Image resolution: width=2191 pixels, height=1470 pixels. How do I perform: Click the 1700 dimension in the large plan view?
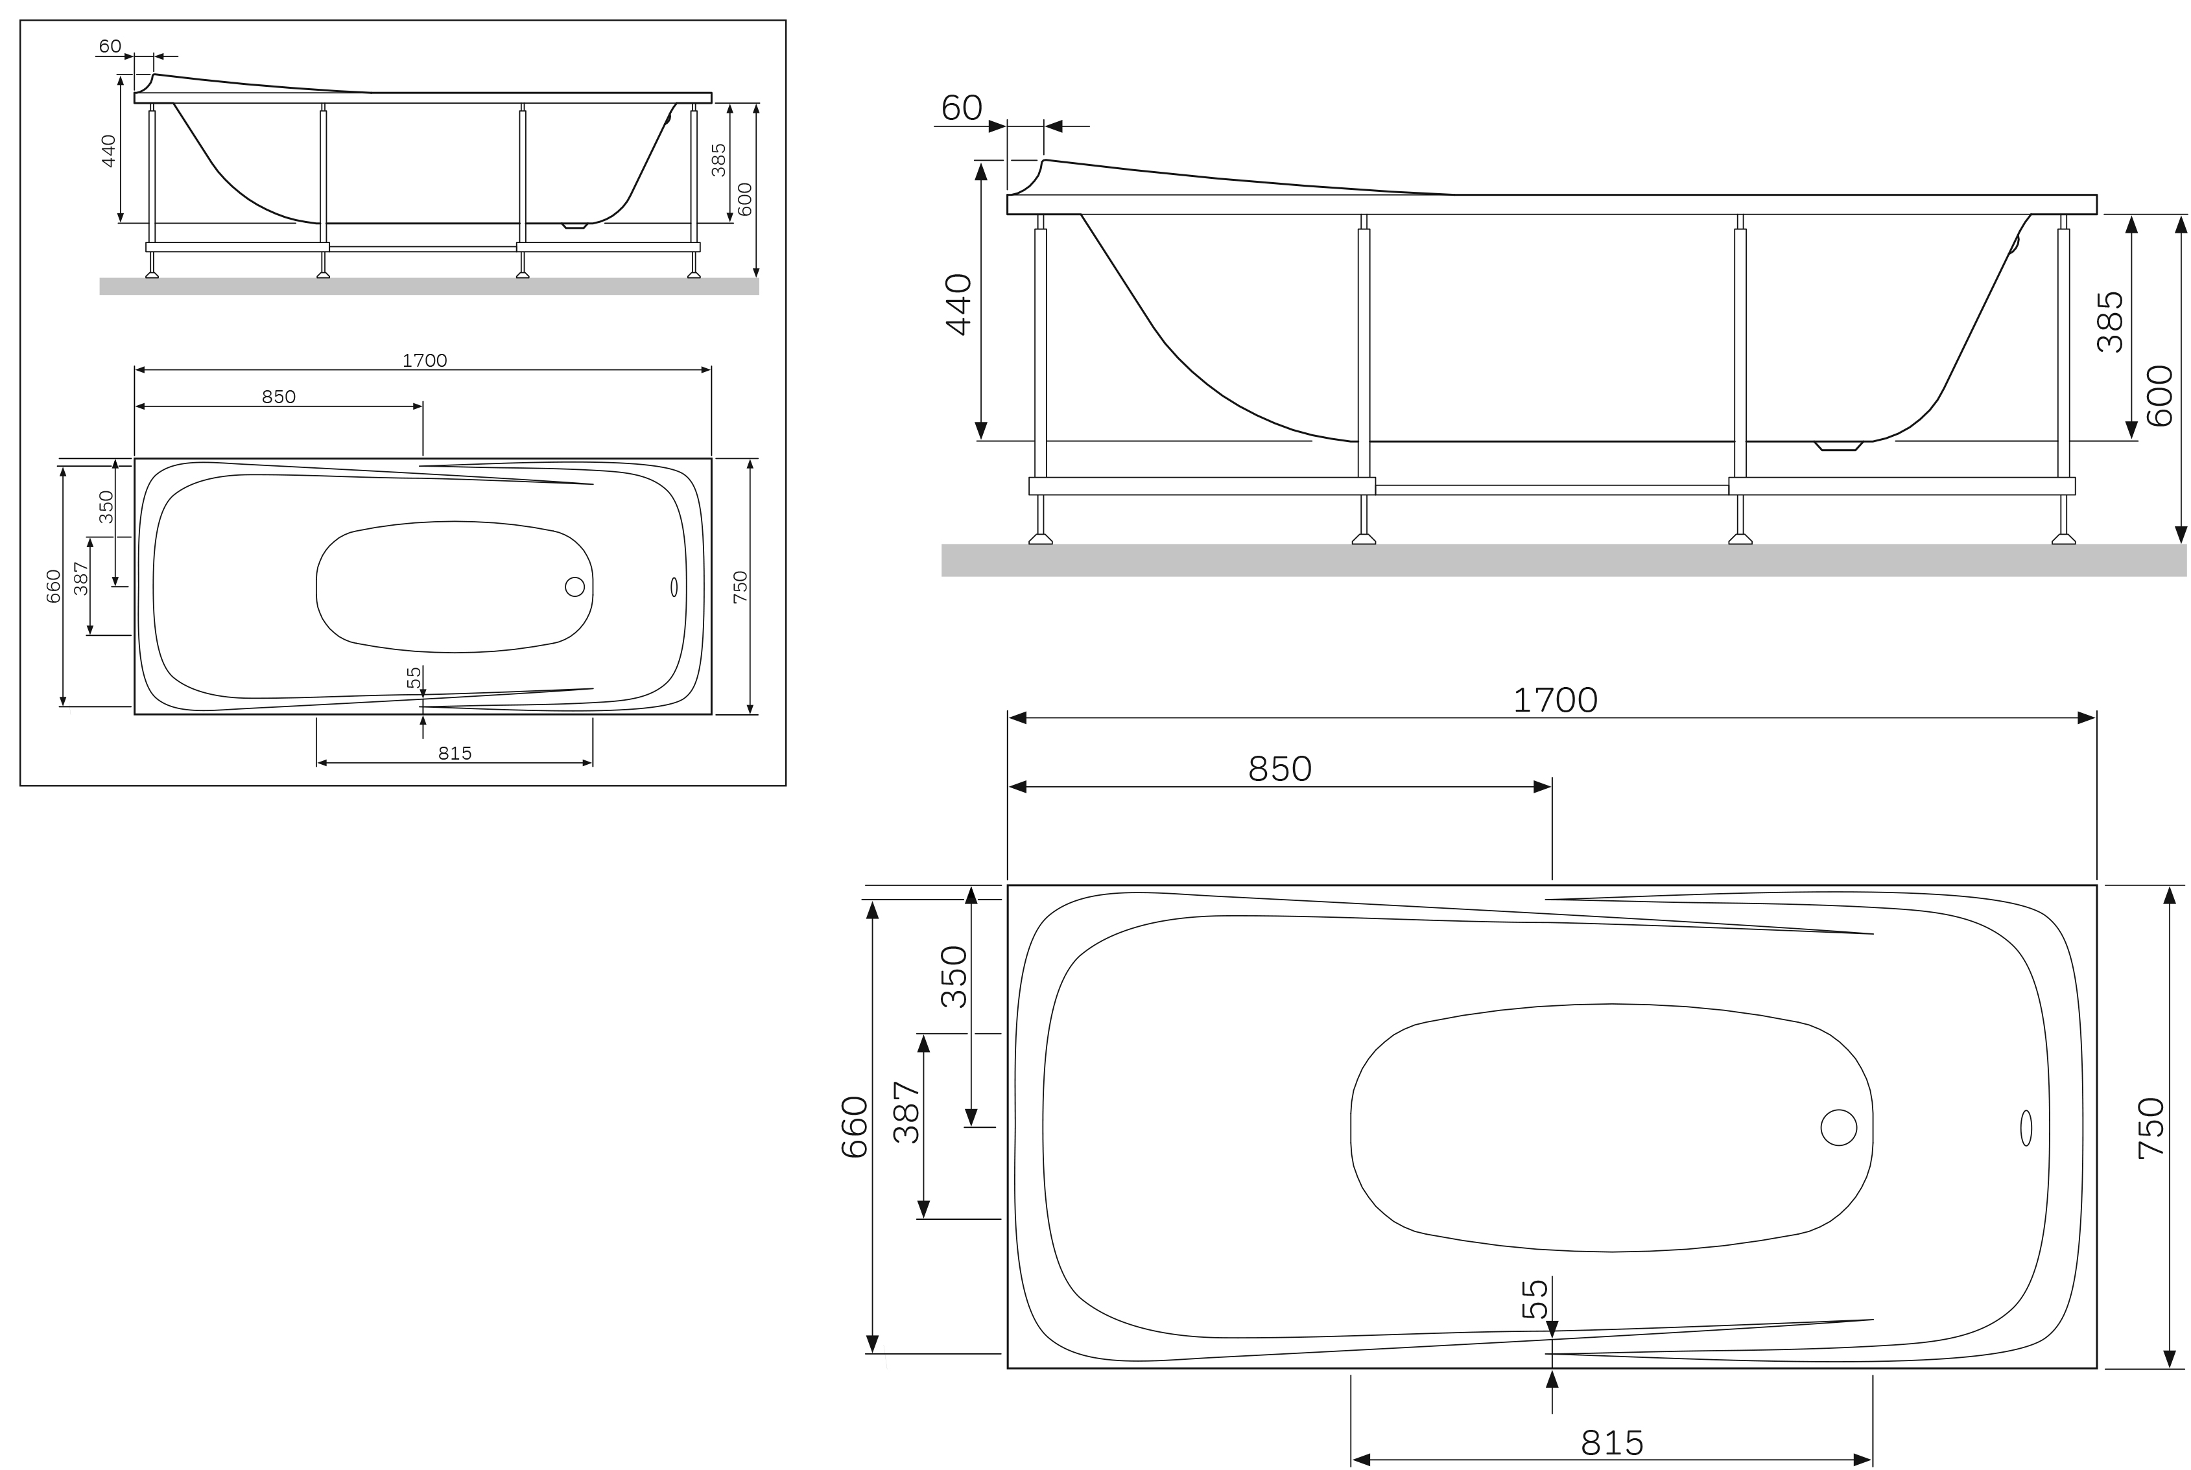1554,700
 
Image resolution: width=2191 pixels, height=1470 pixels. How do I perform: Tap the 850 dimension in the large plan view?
1279,769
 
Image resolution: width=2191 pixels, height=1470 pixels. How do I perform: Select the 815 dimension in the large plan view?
1611,1442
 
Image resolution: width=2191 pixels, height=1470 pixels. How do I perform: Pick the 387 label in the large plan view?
906,1112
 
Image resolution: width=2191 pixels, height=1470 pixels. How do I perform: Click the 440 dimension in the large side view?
958,304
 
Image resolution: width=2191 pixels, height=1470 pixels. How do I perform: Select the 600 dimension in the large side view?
2159,395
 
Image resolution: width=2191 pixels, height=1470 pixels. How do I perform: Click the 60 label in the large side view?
962,108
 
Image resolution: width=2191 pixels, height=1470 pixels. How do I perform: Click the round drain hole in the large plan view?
1838,1127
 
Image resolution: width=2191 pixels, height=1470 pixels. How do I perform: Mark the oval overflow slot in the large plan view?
2026,1128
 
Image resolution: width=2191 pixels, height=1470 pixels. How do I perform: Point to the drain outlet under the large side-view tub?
1838,446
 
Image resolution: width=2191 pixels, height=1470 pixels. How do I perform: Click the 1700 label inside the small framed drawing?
424,360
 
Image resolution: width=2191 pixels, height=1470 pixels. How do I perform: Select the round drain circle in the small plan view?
575,587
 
